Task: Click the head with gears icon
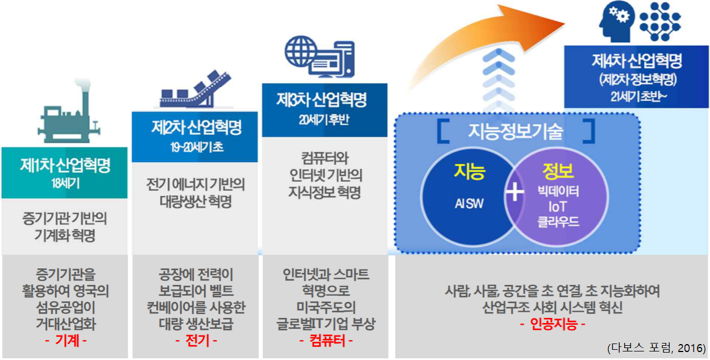click(615, 23)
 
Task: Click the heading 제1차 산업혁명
click(65, 165)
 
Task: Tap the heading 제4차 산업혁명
click(636, 61)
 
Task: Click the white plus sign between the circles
click(515, 193)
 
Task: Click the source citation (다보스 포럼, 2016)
click(656, 347)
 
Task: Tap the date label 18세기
click(64, 184)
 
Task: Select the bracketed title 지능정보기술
click(516, 131)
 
